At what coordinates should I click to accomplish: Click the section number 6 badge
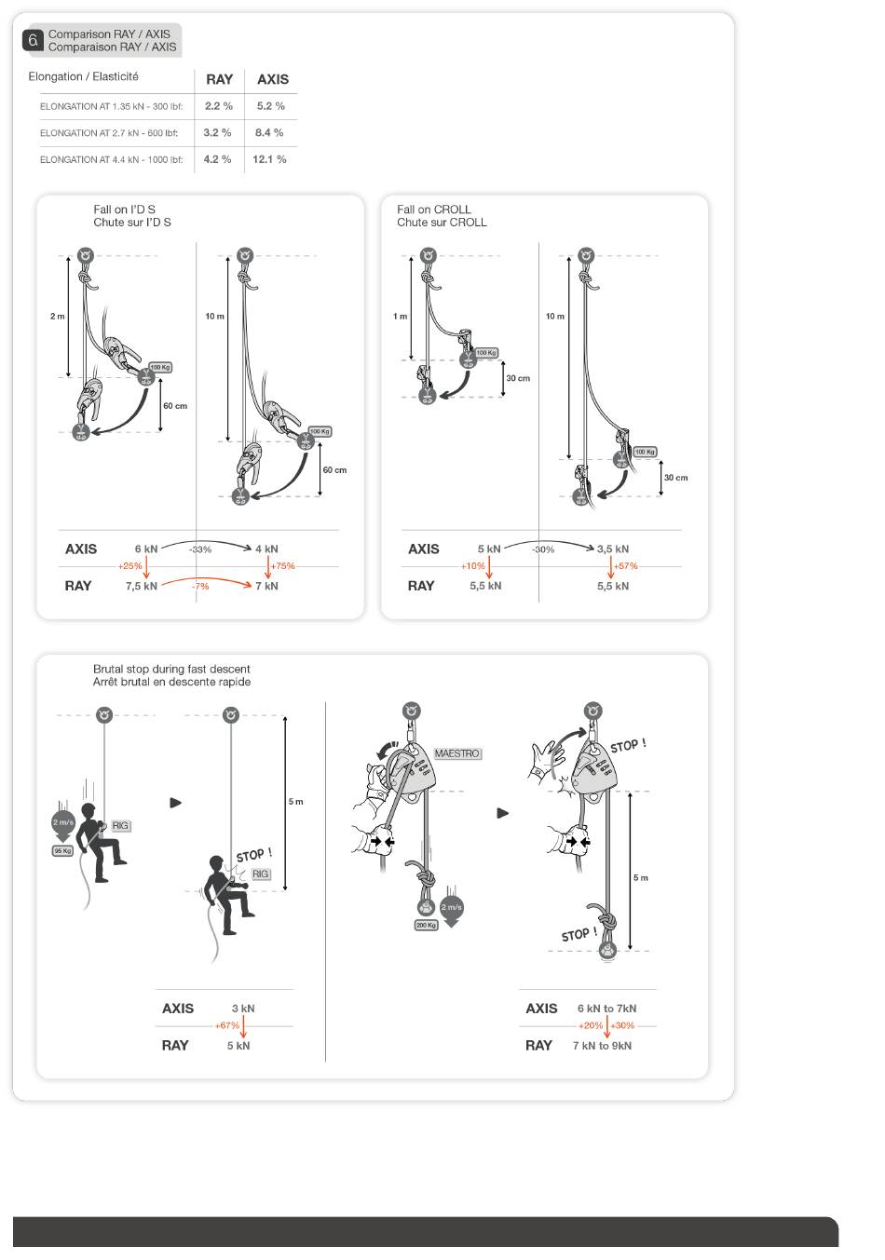coord(34,40)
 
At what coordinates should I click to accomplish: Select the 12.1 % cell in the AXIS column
coord(269,159)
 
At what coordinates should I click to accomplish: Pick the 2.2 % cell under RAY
coord(218,106)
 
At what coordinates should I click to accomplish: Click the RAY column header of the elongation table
coord(220,79)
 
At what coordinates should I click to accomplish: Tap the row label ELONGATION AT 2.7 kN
coord(109,133)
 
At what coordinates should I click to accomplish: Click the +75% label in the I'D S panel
coord(283,566)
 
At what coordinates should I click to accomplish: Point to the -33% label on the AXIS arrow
coord(200,549)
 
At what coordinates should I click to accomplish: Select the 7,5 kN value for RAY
coord(142,586)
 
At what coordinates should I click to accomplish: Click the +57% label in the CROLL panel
coord(626,566)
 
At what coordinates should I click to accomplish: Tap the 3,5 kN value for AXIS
coord(613,549)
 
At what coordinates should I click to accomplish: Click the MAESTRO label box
coord(457,753)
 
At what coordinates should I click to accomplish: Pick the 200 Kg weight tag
coord(426,926)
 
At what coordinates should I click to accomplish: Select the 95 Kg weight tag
coord(63,850)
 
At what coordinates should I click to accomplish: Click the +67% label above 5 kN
coord(227,1025)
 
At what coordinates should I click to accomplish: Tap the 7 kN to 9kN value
coord(602,1046)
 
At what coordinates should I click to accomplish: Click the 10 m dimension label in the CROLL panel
coord(554,316)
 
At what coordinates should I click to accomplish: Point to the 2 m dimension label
coord(58,316)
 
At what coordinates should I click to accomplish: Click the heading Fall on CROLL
coord(434,210)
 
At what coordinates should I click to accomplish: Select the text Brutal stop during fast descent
coord(171,669)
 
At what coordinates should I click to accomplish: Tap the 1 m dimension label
coord(400,316)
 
